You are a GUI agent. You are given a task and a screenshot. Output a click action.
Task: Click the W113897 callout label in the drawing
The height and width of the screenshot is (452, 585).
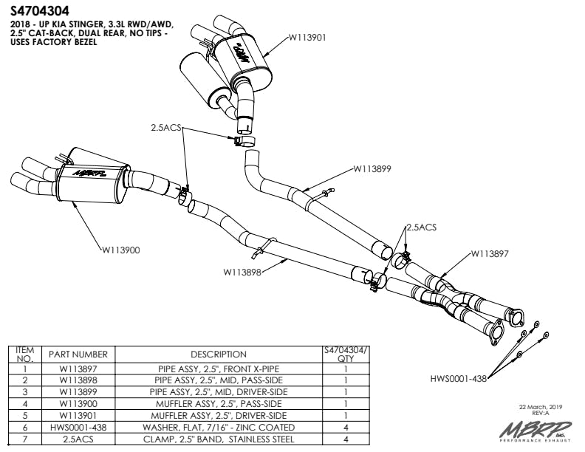pyautogui.click(x=491, y=253)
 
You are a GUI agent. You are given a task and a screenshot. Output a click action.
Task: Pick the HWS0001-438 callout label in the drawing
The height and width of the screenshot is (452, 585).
pyautogui.click(x=459, y=379)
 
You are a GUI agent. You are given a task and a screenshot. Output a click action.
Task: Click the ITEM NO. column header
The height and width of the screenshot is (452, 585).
pyautogui.click(x=25, y=354)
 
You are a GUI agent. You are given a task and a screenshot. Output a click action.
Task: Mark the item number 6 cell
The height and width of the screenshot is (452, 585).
pyautogui.click(x=25, y=428)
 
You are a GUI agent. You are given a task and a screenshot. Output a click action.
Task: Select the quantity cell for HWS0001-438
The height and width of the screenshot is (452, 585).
pyautogui.click(x=346, y=428)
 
